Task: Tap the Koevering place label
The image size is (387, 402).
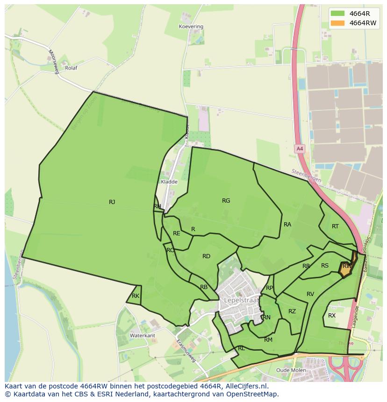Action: pos(191,27)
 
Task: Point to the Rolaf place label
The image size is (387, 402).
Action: pos(71,68)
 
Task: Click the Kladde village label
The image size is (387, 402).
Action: pos(169,182)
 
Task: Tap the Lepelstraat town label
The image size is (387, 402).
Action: pos(241,300)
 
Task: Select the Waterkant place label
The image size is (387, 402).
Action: pos(142,336)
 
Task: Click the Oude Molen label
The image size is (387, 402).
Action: pos(291,370)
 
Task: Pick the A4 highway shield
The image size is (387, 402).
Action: pos(300,149)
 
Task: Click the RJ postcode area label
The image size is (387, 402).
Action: pos(112,202)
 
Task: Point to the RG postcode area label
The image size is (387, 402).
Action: pos(226,201)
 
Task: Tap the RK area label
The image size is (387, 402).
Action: pos(135,296)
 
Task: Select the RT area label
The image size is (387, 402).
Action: pos(335,226)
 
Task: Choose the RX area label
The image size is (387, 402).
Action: pos(331,316)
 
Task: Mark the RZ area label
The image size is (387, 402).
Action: pos(292,311)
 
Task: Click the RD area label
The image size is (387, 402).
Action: pos(206,256)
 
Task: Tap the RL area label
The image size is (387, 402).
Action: pos(241,348)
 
